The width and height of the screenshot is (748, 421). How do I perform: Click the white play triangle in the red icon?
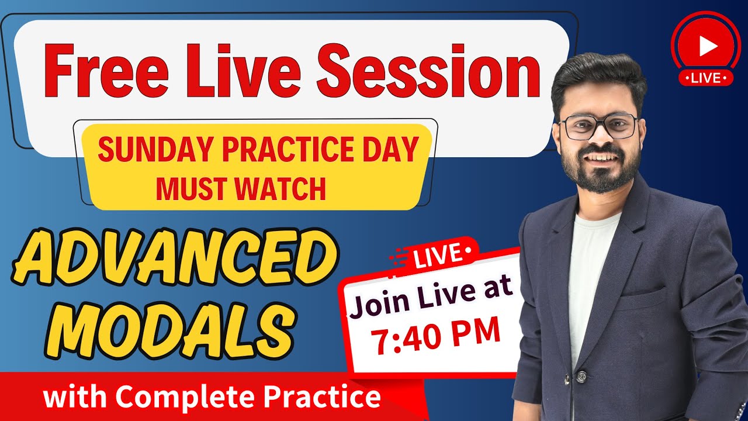(x=707, y=46)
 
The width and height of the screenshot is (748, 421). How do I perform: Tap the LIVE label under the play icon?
(x=706, y=78)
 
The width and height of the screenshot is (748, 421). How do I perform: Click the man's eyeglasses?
(x=598, y=126)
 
